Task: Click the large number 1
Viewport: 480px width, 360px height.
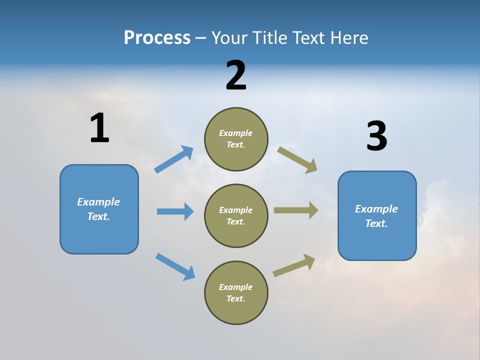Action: coord(99,128)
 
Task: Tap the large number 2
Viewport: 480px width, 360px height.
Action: coord(236,75)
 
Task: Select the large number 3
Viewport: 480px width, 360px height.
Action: coord(376,136)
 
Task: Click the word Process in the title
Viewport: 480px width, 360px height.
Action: coord(157,37)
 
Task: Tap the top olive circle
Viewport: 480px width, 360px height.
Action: coord(236,139)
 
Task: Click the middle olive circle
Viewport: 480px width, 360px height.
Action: coord(236,215)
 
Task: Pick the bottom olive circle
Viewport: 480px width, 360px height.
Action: coord(236,292)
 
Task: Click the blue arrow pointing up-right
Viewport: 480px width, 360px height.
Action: coord(174,159)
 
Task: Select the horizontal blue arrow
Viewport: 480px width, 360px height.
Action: coord(175,211)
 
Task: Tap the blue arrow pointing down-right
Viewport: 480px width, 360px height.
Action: coord(175,266)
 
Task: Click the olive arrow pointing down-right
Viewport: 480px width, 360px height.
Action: coord(297,159)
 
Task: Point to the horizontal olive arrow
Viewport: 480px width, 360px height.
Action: coord(296,210)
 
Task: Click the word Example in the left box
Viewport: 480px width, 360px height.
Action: coord(98,202)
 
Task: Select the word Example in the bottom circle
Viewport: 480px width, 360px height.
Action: coord(236,287)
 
